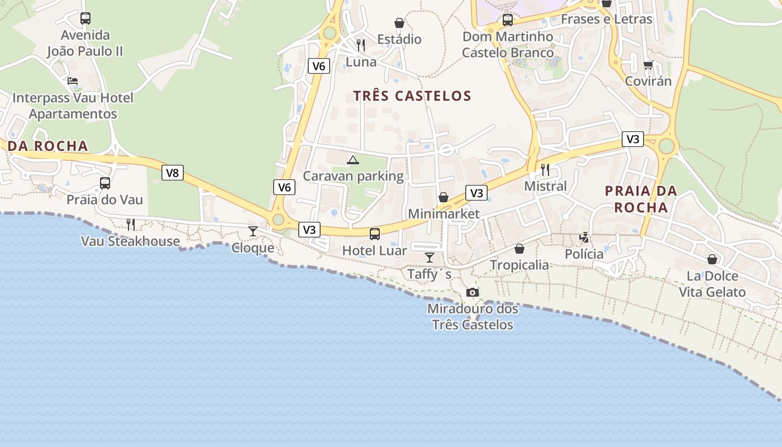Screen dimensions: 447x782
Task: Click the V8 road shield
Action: pos(173,173)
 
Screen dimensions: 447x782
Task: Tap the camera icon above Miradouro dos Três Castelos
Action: pos(473,292)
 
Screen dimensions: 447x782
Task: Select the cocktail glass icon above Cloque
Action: pos(253,231)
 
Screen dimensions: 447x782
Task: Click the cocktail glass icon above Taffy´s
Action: pos(429,257)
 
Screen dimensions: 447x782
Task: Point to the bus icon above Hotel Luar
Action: pos(375,234)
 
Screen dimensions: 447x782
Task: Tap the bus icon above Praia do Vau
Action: pos(105,183)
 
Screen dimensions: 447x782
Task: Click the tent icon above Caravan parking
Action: pos(352,160)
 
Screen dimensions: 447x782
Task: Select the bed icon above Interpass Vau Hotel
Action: pos(73,81)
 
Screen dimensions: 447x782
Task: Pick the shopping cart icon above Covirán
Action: pos(648,65)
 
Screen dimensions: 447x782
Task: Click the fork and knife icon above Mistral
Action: pos(545,169)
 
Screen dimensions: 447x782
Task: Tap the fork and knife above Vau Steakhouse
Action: pos(131,225)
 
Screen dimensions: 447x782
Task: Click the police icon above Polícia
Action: pos(584,237)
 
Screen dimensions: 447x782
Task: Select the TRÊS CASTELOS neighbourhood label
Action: pos(412,96)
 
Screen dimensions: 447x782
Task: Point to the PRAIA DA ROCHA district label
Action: pos(641,199)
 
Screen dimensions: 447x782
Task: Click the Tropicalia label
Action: pos(519,265)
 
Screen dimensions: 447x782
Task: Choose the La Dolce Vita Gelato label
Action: pos(712,284)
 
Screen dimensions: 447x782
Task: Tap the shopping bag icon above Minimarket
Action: pos(444,197)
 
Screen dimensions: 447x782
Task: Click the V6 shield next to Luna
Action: pos(318,66)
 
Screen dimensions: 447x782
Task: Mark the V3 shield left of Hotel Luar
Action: pos(309,230)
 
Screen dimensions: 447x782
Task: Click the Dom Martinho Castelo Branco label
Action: pos(508,45)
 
